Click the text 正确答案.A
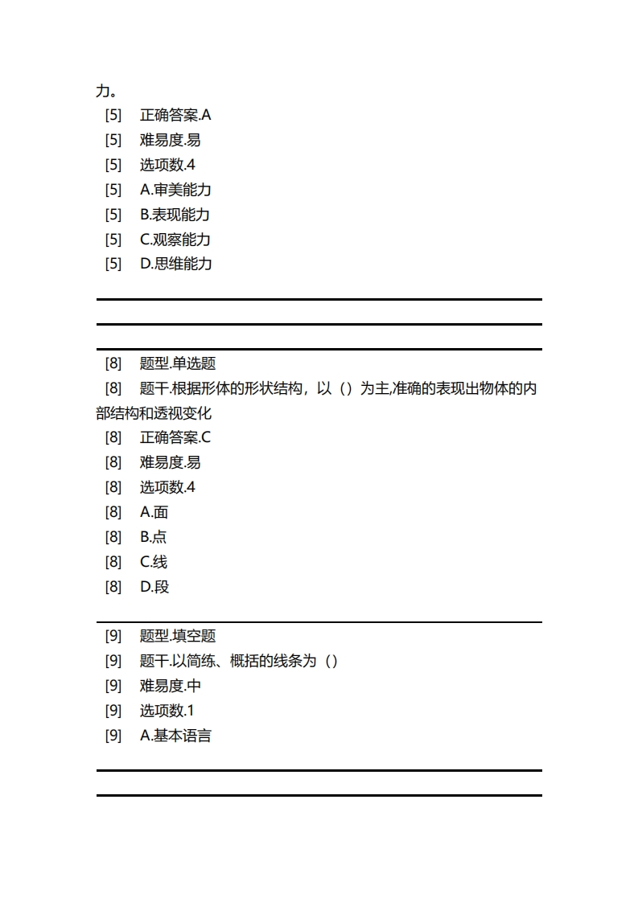click(175, 115)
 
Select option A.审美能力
click(175, 190)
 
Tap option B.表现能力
click(175, 215)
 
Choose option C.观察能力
click(175, 240)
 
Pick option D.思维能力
click(176, 264)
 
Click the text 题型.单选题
click(178, 363)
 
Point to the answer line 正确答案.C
click(175, 437)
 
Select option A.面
click(154, 512)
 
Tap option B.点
click(153, 537)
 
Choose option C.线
click(154, 562)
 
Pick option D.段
click(154, 587)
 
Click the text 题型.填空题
click(178, 636)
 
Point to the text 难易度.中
click(171, 686)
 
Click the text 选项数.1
click(167, 711)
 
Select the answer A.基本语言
click(175, 736)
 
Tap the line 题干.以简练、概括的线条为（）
click(239, 661)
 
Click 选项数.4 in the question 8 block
click(167, 487)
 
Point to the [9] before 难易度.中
click(113, 686)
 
